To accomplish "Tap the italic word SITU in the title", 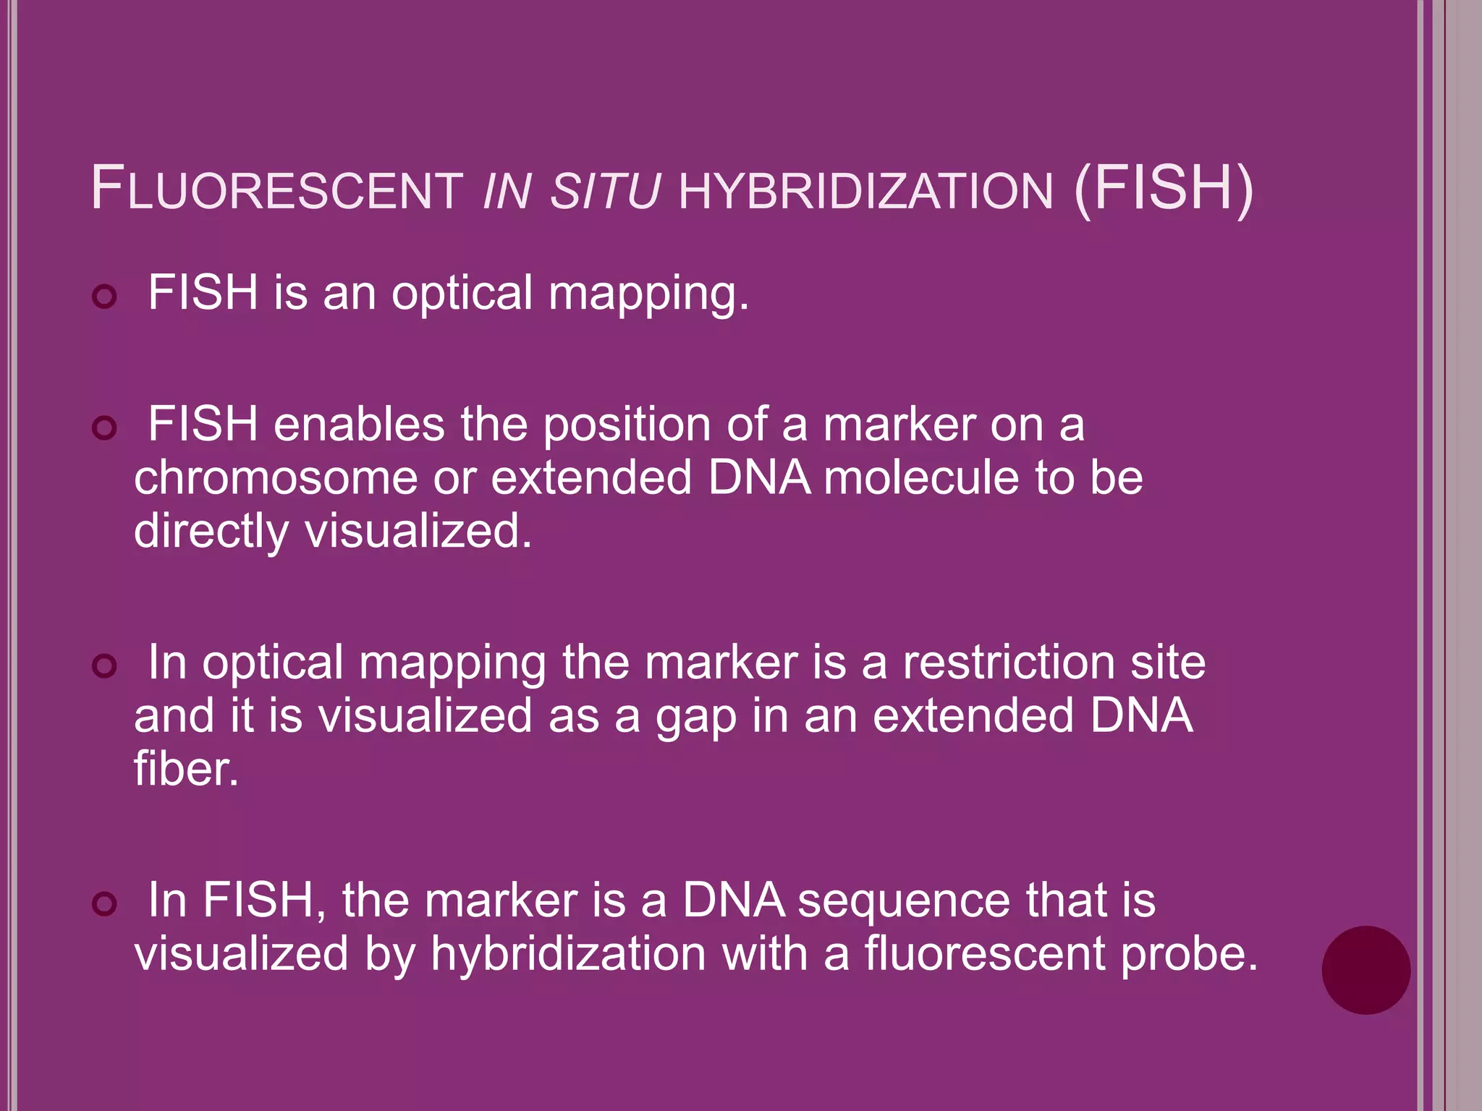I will [x=605, y=191].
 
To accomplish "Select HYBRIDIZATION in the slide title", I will [x=865, y=191].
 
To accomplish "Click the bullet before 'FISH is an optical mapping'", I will [x=105, y=297].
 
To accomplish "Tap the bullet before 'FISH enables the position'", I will [x=105, y=427].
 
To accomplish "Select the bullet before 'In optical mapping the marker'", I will [x=105, y=665].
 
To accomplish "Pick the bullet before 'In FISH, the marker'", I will [x=105, y=903].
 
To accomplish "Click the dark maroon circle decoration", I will [x=1365, y=970].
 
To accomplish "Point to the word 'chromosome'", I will [x=276, y=478].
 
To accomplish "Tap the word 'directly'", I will [x=211, y=532].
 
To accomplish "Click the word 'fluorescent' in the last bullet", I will [x=984, y=953].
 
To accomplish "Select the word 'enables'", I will [x=359, y=425].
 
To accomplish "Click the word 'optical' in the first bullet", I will [x=462, y=294].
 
